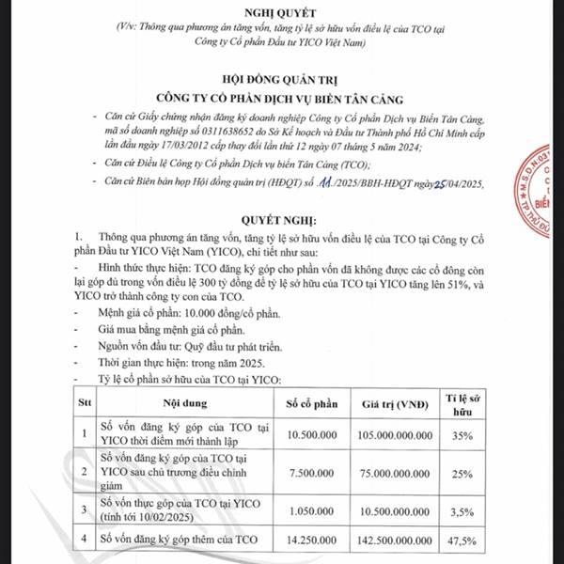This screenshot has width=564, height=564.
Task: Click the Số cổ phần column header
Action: tap(312, 404)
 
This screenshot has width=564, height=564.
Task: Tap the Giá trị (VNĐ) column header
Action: tap(398, 404)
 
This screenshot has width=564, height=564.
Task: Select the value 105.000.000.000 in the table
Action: tap(398, 435)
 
